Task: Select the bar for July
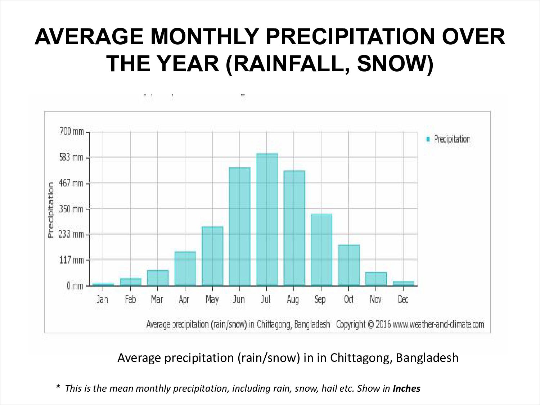[267, 220]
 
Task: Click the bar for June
[239, 227]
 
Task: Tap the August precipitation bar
[294, 228]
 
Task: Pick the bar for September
[321, 250]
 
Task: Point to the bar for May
[212, 256]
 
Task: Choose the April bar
[185, 268]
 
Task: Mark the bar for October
[348, 265]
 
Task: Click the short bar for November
[376, 279]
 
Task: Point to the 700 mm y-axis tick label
[71, 132]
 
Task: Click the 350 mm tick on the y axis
[71, 209]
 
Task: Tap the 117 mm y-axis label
[71, 260]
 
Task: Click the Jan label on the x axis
[103, 300]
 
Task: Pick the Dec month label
[403, 300]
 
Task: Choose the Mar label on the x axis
[157, 300]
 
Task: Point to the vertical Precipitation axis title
[51, 210]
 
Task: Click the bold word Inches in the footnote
[406, 388]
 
